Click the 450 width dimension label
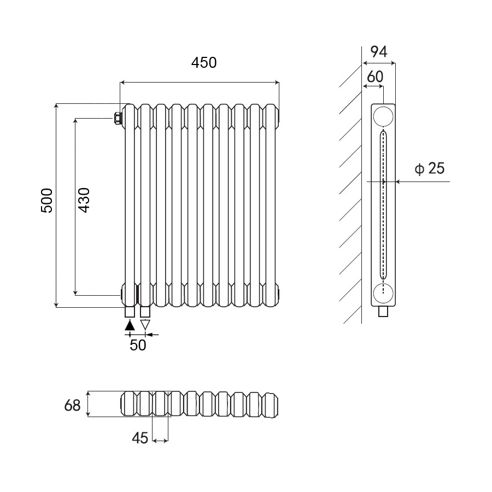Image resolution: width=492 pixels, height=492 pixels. [x=204, y=63]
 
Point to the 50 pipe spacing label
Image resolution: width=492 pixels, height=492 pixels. [x=138, y=345]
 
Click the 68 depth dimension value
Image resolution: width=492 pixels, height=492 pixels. [x=72, y=406]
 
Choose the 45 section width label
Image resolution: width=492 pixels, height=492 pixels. [x=140, y=438]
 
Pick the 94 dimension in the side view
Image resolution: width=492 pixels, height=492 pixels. [x=379, y=52]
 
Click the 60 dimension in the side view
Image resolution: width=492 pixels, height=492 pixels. [x=374, y=77]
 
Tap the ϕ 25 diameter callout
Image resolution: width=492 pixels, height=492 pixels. [x=429, y=168]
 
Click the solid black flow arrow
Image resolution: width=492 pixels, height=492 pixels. [x=130, y=325]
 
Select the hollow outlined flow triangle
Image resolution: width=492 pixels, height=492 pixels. [x=145, y=325]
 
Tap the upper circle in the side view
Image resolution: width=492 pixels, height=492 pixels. [x=383, y=116]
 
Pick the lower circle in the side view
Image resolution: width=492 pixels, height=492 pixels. [x=383, y=294]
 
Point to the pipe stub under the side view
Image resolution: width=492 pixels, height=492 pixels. [x=384, y=312]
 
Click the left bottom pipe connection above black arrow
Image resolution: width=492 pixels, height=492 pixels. [x=130, y=312]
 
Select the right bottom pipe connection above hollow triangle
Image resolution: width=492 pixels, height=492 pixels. [x=145, y=312]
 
